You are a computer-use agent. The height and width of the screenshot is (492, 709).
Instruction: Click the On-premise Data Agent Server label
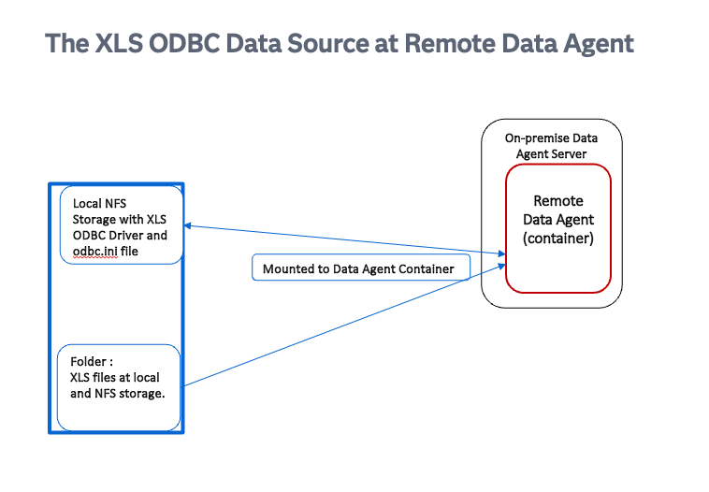[x=551, y=146]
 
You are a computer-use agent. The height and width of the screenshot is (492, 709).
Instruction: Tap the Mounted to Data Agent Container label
[x=358, y=269]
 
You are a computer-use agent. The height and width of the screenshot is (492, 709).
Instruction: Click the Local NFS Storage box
[x=121, y=225]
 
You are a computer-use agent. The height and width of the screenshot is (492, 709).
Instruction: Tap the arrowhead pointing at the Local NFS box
[x=188, y=225]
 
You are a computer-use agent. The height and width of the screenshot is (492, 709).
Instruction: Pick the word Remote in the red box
[x=558, y=200]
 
